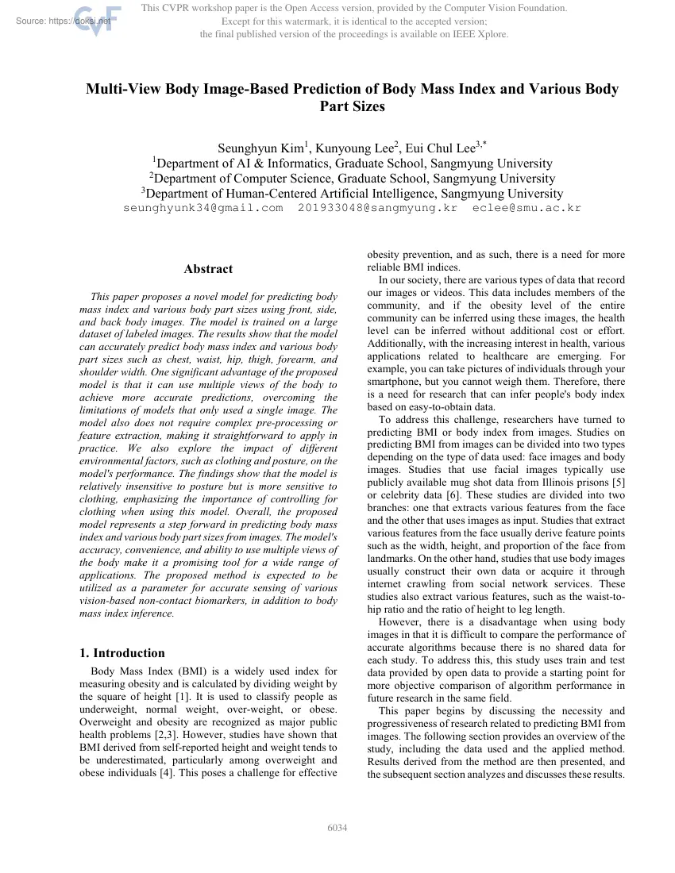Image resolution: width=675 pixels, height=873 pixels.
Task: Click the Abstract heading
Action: pyautogui.click(x=208, y=269)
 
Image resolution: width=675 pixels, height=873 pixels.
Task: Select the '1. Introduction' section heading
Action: pyautogui.click(x=122, y=653)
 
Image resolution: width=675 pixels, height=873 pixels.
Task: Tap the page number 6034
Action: pyautogui.click(x=337, y=829)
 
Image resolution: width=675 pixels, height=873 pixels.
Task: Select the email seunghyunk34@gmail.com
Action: pyautogui.click(x=203, y=208)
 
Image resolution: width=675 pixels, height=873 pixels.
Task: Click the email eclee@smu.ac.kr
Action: pyautogui.click(x=526, y=208)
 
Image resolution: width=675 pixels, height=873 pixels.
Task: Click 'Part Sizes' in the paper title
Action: pyautogui.click(x=352, y=106)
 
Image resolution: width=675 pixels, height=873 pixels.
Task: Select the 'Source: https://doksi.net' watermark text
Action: pyautogui.click(x=63, y=21)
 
